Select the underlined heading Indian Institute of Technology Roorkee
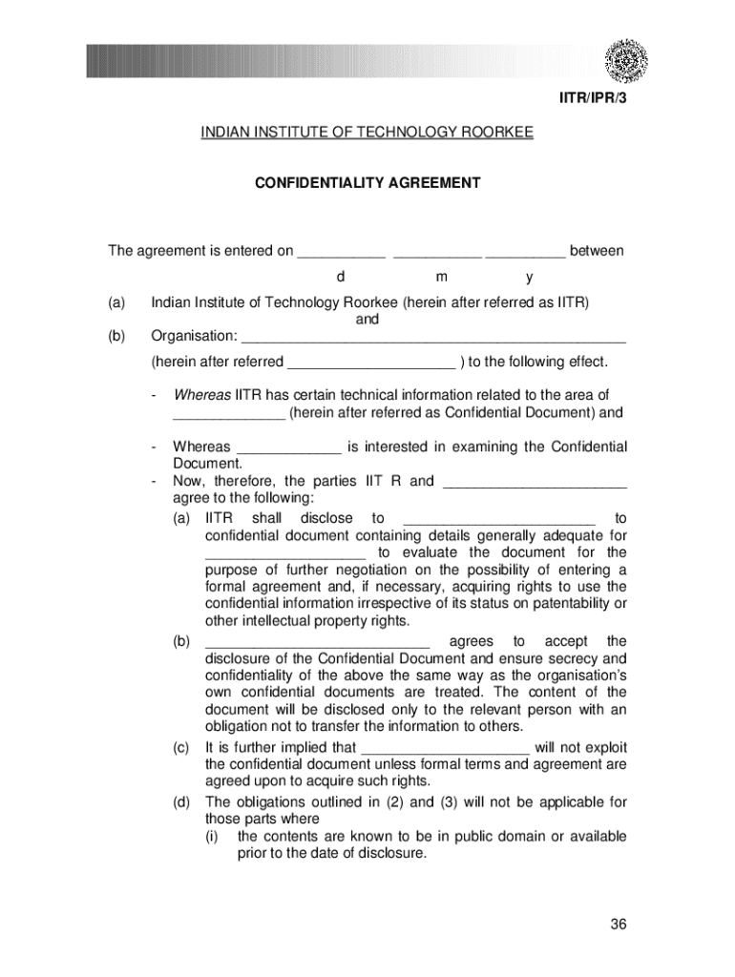(367, 133)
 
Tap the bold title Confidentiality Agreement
(367, 181)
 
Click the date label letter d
(339, 278)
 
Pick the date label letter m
(441, 278)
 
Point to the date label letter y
(529, 278)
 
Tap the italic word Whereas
(201, 395)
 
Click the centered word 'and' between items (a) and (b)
(367, 320)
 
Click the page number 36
(618, 925)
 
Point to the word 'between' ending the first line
(597, 251)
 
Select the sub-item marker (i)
(217, 837)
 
